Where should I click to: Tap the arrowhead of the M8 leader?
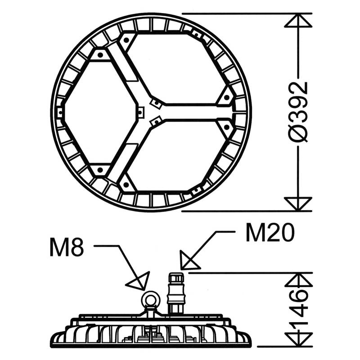click(x=138, y=282)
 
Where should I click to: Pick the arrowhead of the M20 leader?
click(x=189, y=260)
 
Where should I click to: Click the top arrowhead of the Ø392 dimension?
click(x=299, y=22)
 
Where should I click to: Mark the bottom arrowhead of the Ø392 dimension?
click(x=299, y=203)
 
